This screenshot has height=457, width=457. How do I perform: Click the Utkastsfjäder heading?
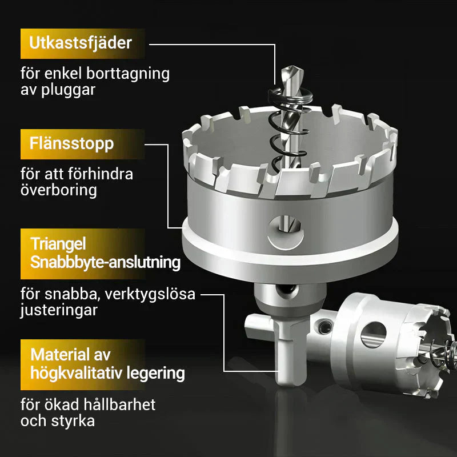point(81,42)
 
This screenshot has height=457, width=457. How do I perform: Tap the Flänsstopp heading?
point(71,143)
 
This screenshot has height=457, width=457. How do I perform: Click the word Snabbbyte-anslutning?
point(105,262)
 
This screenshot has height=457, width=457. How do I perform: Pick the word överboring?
point(59,190)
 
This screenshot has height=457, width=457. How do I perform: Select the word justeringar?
point(59,311)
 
